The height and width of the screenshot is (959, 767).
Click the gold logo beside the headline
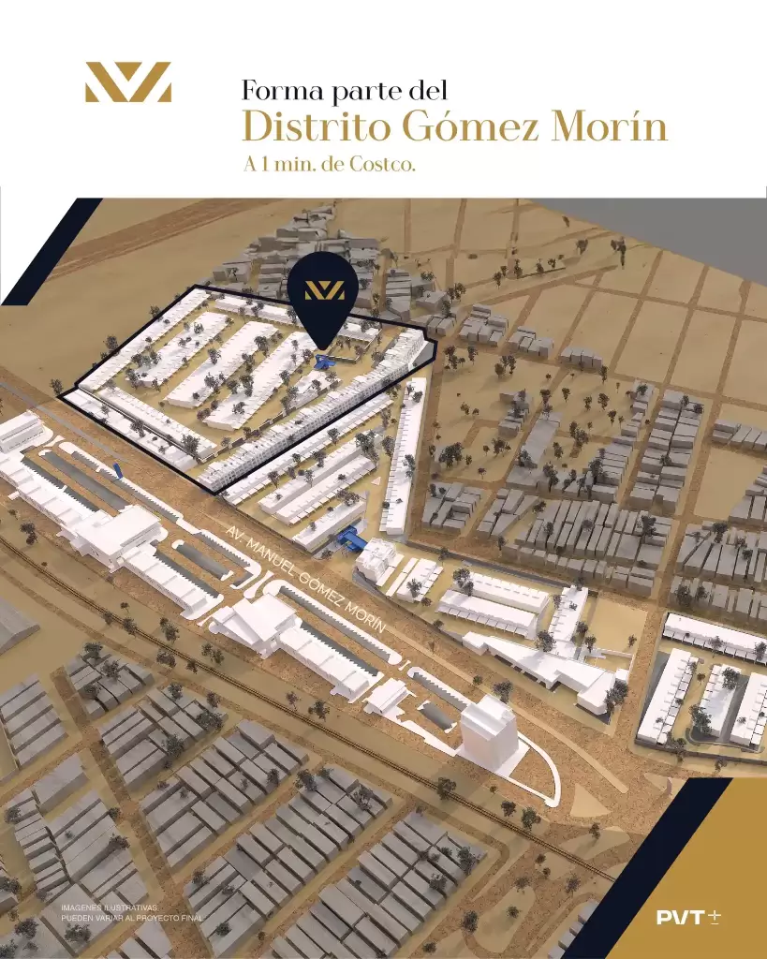click(127, 81)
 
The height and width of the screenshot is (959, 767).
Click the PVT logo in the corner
click(681, 917)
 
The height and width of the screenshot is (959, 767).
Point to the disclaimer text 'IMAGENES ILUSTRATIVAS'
click(110, 907)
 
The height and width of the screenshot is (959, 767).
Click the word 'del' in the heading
click(427, 91)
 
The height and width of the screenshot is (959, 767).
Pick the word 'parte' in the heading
click(361, 91)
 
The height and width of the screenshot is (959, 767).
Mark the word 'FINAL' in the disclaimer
click(187, 918)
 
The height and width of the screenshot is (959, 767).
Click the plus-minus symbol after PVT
click(715, 917)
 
